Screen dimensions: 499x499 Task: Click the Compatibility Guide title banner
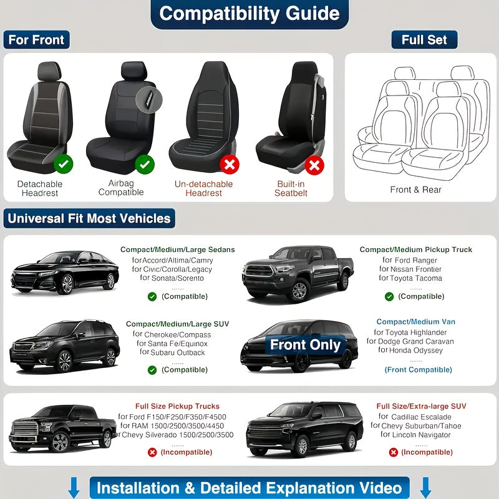[x=249, y=14]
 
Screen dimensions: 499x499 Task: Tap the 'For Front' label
[x=36, y=40]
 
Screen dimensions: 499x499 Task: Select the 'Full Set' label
[x=424, y=40]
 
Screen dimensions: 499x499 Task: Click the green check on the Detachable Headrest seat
[x=63, y=165]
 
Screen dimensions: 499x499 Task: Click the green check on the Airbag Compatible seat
[x=145, y=165]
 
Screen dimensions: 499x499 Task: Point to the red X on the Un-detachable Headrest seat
[x=230, y=165]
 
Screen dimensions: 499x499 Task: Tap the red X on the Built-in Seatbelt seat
[x=314, y=165]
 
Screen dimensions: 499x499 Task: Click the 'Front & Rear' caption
[x=415, y=190]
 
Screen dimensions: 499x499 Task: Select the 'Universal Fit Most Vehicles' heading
[x=89, y=218]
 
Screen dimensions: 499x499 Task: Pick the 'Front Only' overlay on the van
[x=305, y=345]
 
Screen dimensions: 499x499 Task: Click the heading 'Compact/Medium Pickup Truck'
[x=415, y=249]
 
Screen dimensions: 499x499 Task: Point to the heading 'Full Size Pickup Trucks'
[x=178, y=406]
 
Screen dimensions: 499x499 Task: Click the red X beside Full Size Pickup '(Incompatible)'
[x=152, y=452]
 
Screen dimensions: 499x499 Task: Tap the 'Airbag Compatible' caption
[x=121, y=188]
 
